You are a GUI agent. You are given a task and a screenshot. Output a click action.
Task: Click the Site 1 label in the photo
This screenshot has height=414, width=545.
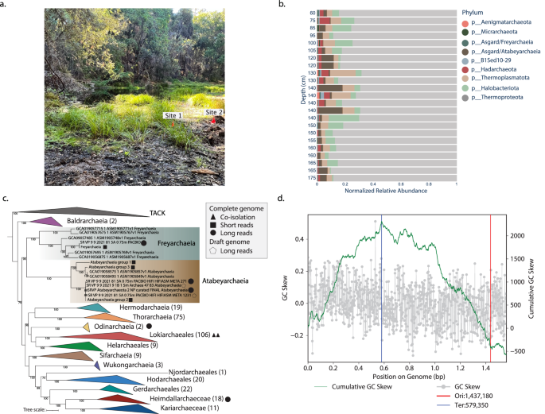click(173, 115)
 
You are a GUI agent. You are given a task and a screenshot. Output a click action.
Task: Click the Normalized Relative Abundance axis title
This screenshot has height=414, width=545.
click(386, 192)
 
